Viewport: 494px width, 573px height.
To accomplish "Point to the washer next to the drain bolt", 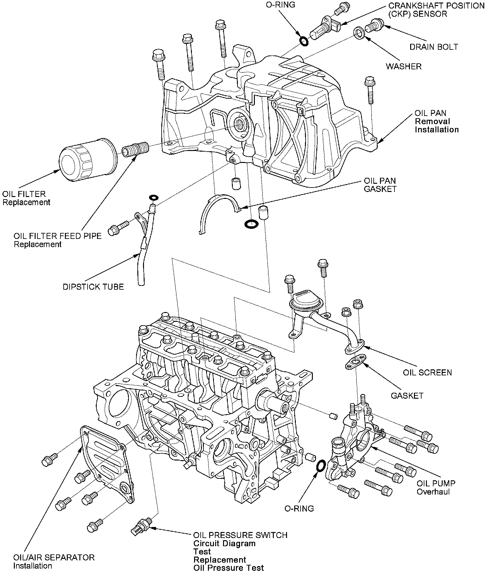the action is click(x=359, y=32).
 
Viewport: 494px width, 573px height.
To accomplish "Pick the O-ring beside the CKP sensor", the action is click(x=304, y=41).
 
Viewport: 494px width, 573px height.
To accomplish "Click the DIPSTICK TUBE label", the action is click(x=93, y=287).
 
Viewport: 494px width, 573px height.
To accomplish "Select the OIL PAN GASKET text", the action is click(x=380, y=185).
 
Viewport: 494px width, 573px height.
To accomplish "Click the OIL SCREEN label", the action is click(x=427, y=373).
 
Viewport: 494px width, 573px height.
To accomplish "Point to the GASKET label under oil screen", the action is click(x=407, y=396).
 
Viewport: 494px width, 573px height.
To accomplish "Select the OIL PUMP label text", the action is click(x=436, y=483).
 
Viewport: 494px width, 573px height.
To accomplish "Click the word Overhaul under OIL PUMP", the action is click(x=433, y=491).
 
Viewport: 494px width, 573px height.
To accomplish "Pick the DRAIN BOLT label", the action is click(x=434, y=47).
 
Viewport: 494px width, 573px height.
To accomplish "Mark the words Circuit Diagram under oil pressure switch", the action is click(x=224, y=543).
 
